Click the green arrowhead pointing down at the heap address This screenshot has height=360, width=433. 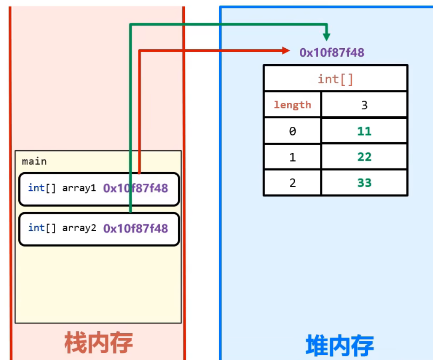(x=327, y=37)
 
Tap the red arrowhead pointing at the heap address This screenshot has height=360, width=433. (x=285, y=51)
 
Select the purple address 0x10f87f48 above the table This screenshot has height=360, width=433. (x=332, y=53)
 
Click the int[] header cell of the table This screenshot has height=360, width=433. (x=335, y=79)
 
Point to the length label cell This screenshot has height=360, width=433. (x=292, y=105)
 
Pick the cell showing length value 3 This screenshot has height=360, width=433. (x=364, y=105)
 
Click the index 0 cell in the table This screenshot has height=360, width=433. (x=292, y=131)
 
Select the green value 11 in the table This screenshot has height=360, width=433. (x=364, y=131)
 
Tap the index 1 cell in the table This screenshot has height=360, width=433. (x=292, y=157)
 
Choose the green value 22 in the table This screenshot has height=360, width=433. (x=364, y=157)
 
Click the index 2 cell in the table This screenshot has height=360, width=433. (x=292, y=183)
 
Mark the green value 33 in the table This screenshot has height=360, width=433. (x=364, y=183)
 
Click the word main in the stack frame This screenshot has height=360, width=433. (x=34, y=161)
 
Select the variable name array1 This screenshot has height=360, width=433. (x=79, y=188)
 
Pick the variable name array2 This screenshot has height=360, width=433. (x=79, y=228)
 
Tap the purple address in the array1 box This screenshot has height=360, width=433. (x=135, y=188)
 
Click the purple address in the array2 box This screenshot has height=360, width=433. (x=135, y=228)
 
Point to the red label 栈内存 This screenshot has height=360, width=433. (x=98, y=342)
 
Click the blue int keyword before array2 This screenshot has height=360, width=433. (x=36, y=228)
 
